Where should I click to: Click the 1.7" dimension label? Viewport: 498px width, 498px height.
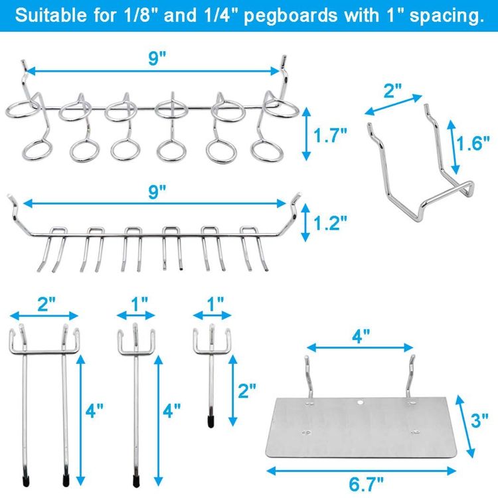point(331,137)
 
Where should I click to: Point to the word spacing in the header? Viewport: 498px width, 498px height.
point(450,15)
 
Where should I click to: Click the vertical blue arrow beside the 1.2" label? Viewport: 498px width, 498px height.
point(305,223)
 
